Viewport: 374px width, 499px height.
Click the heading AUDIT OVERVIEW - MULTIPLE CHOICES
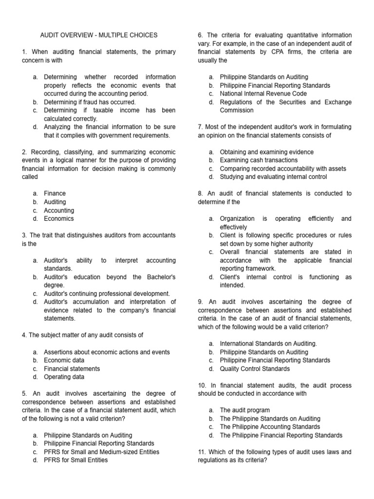tap(98, 35)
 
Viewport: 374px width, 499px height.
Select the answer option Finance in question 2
tap(55, 193)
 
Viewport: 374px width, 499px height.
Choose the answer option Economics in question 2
tap(59, 219)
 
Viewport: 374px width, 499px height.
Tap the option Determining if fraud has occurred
tap(90, 102)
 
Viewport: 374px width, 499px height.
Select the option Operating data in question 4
tap(64, 377)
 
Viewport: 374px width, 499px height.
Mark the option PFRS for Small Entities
tap(75, 460)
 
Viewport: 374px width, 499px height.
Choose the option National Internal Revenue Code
tap(263, 94)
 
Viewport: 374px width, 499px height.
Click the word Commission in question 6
tap(237, 110)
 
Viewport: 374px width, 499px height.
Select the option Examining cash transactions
tap(259, 160)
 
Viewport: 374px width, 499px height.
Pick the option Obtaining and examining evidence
tap(266, 152)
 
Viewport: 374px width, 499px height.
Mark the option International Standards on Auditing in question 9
tap(268, 344)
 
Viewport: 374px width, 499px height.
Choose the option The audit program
tap(244, 410)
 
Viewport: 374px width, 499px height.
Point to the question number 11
tap(202, 452)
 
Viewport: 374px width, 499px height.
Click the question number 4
tap(24, 335)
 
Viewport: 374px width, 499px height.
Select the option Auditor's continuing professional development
tap(107, 293)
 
